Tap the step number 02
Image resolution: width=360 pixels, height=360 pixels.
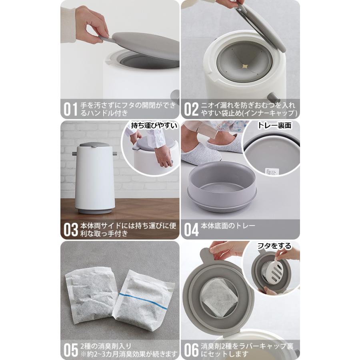(x=191, y=109)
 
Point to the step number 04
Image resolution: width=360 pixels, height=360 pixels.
(x=191, y=230)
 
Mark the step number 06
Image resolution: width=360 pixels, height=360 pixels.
(x=191, y=350)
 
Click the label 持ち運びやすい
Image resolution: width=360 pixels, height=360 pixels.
(x=154, y=126)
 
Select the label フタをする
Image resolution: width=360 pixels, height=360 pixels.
(x=274, y=246)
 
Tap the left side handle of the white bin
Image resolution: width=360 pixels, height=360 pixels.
(x=75, y=154)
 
